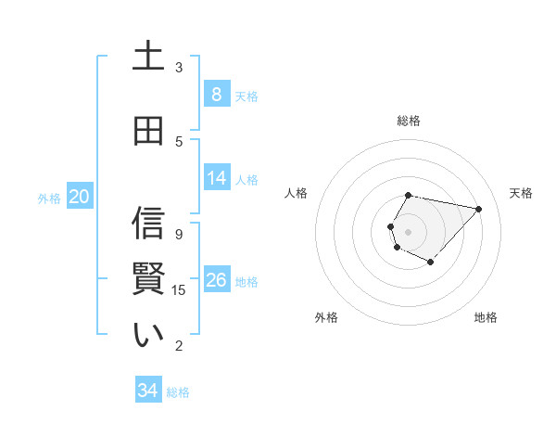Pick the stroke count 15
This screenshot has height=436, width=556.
pyautogui.click(x=179, y=290)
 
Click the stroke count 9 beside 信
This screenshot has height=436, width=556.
pyautogui.click(x=179, y=235)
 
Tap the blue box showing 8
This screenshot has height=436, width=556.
pyautogui.click(x=216, y=95)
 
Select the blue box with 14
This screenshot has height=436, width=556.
pyautogui.click(x=217, y=178)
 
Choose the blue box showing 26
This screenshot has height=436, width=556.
pyautogui.click(x=217, y=280)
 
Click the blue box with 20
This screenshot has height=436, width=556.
pyautogui.click(x=79, y=197)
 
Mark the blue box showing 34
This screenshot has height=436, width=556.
pyautogui.click(x=148, y=391)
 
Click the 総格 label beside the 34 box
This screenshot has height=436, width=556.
pyautogui.click(x=178, y=392)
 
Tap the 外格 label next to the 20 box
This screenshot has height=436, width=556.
pyautogui.click(x=49, y=198)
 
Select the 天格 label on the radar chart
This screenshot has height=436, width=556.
pyautogui.click(x=521, y=193)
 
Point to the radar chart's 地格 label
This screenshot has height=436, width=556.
pyautogui.click(x=486, y=317)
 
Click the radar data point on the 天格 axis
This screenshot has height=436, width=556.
pyautogui.click(x=478, y=209)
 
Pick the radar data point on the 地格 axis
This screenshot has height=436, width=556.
pyautogui.click(x=431, y=263)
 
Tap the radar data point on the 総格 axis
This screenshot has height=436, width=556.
pyautogui.click(x=408, y=195)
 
